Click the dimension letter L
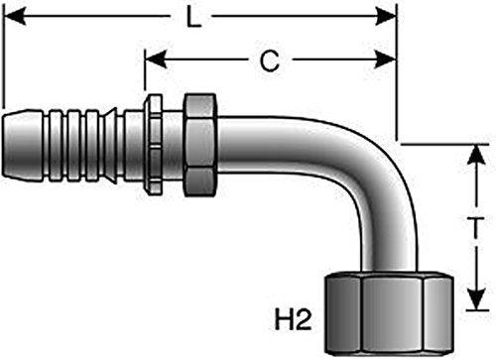(193, 17)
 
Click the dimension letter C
(270, 61)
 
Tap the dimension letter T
(476, 228)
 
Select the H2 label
(294, 319)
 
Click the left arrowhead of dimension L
(15, 16)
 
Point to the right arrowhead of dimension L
(385, 16)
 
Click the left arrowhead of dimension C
(156, 60)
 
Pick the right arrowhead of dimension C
(385, 60)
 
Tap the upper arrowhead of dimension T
(476, 155)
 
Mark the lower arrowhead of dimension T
(476, 300)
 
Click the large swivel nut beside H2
(389, 312)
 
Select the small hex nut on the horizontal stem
(200, 145)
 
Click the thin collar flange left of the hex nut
(154, 145)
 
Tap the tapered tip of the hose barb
(23, 147)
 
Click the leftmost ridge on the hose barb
(56, 146)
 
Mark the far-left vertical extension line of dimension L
(3, 57)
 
